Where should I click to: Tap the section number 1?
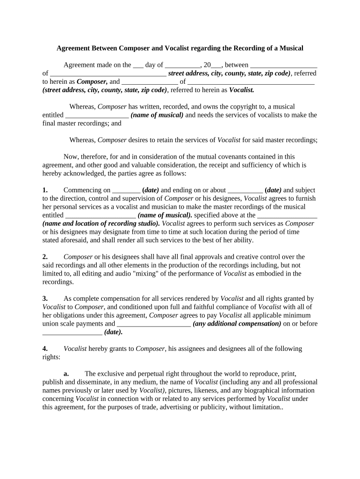tap(45, 190)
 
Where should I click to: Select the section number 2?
tap(45, 257)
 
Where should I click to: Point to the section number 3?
tap(45, 298)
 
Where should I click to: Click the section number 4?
tap(45, 348)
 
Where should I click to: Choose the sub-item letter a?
tap(66, 374)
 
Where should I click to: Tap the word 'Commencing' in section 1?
tap(80, 190)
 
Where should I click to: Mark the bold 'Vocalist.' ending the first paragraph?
tap(242, 90)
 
